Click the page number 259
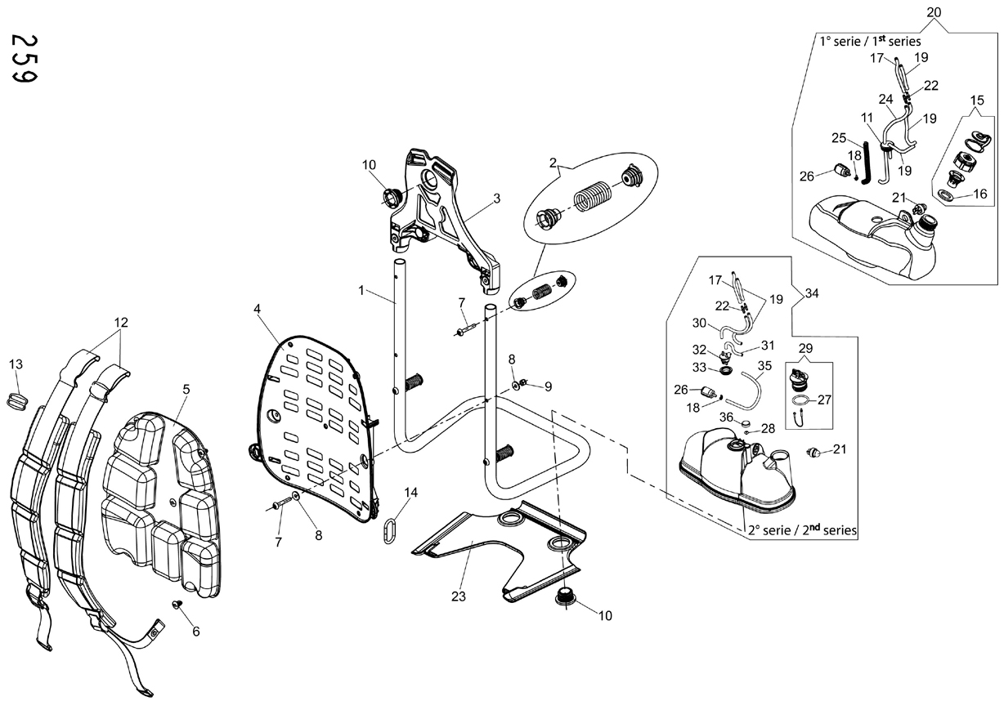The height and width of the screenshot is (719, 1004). (25, 59)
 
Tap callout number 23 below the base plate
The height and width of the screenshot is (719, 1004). (459, 596)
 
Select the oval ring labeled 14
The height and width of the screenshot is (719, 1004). (390, 531)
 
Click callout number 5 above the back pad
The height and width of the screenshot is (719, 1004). (186, 389)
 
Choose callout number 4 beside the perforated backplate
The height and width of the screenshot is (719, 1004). (257, 309)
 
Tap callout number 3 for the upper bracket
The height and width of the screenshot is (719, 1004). (496, 198)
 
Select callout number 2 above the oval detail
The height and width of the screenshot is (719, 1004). (553, 163)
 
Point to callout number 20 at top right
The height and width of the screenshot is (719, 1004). (934, 12)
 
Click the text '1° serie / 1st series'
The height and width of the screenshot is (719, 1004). (870, 41)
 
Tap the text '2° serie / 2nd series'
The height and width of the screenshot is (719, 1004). (802, 530)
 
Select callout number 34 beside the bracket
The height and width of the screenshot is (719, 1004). (812, 293)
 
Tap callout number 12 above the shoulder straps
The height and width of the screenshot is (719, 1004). (121, 322)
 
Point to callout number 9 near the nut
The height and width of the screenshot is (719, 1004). (548, 386)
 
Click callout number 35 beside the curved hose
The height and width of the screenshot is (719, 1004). (764, 365)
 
